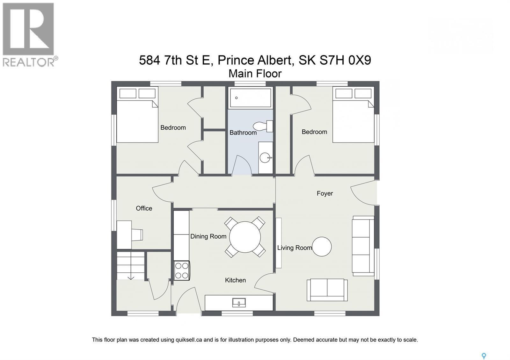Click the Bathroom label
[243, 133]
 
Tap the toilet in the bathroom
[263, 126]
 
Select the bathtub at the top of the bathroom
[250, 98]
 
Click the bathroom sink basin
[265, 157]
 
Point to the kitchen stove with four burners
[182, 270]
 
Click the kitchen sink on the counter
[239, 303]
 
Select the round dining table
[245, 237]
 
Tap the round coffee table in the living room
[322, 247]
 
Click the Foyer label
[324, 193]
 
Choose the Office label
[144, 208]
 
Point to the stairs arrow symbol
[131, 277]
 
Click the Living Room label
[294, 248]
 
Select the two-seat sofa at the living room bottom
[327, 290]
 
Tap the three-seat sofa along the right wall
[363, 246]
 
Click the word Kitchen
[235, 280]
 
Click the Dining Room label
[208, 236]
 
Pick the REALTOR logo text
[29, 62]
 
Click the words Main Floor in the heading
[255, 74]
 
